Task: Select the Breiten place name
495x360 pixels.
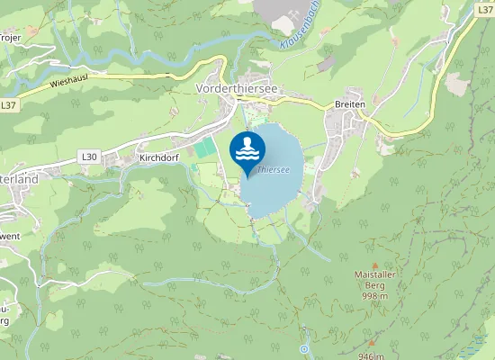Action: tap(350, 104)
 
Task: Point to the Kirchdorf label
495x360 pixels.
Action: tap(161, 157)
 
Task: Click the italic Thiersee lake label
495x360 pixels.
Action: tap(273, 168)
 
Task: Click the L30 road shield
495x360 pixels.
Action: tap(89, 157)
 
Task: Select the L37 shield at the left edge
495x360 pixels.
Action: tap(8, 105)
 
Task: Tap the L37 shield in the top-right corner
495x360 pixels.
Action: tap(485, 8)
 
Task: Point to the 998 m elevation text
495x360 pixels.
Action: tap(374, 296)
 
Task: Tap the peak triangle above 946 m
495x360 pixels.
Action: tap(370, 343)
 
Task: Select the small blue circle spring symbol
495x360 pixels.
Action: tap(305, 348)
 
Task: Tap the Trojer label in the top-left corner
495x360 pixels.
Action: tap(10, 38)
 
